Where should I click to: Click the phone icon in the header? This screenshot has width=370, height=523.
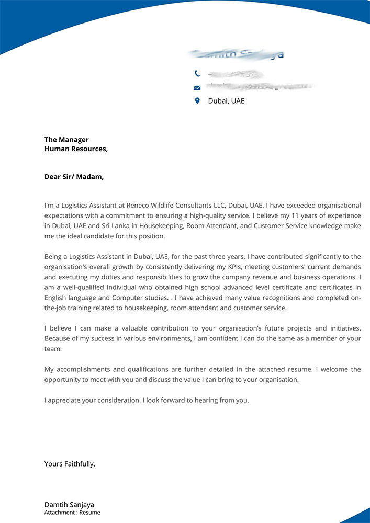pos(197,74)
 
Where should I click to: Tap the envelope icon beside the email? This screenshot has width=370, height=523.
pos(197,87)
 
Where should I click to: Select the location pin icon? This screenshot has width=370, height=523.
pos(197,100)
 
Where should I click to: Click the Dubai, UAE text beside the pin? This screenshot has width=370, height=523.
pos(226,101)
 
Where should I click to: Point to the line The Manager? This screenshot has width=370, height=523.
pos(66,140)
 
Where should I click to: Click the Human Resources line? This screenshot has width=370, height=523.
pos(76,149)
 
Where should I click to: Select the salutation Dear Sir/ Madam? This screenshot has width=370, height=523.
pos(74,177)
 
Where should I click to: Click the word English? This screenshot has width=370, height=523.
pos(56,298)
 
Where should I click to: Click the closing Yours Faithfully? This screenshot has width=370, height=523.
pos(70,463)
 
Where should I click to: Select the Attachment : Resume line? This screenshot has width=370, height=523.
pos(72,513)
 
